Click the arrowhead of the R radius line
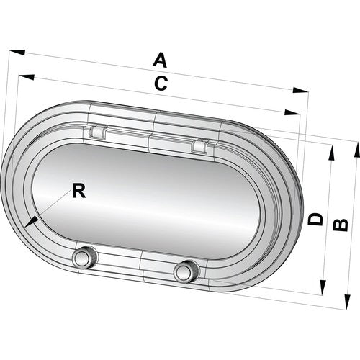(x=26, y=226)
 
